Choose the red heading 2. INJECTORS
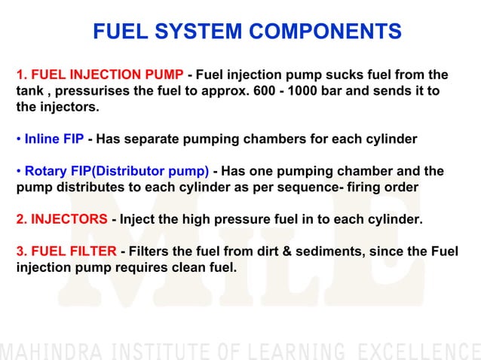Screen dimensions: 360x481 coord(62,219)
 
